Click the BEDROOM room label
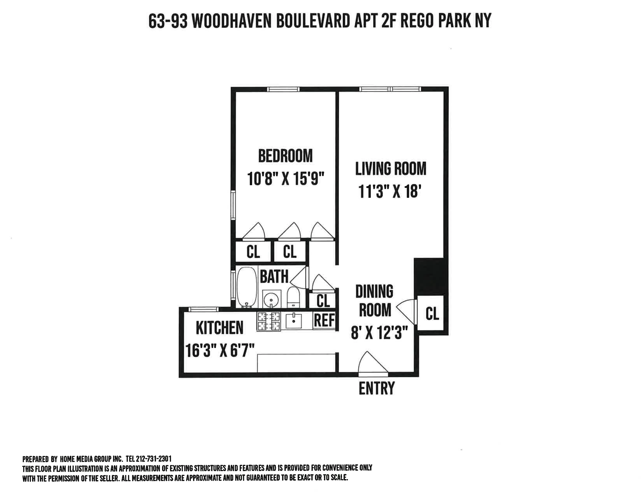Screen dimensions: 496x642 click(x=285, y=156)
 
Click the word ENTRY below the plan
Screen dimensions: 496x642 click(x=377, y=388)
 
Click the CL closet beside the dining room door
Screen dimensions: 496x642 click(x=432, y=314)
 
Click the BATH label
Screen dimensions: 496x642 click(x=274, y=277)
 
